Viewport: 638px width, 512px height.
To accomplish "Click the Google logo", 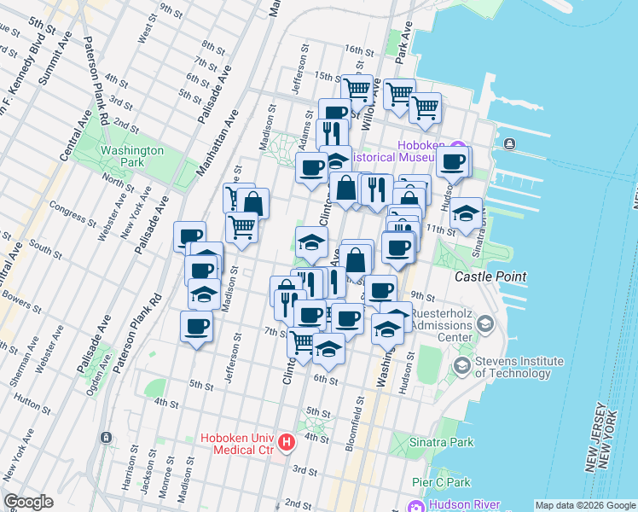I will point(28,502).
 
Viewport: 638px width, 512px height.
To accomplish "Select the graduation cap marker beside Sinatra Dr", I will point(466,213).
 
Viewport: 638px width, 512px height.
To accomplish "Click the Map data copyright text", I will point(584,505).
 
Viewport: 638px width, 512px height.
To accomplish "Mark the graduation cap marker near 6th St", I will point(328,348).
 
